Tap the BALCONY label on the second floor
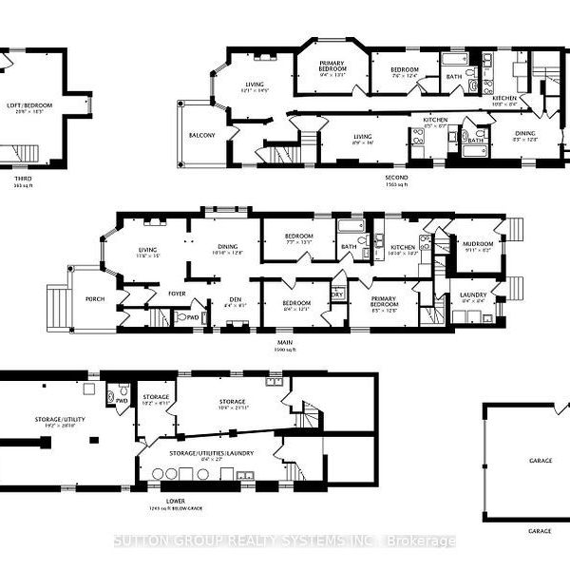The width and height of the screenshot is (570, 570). tap(200, 135)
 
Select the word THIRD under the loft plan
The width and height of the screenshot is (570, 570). tap(22, 178)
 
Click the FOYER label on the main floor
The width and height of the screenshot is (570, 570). tap(178, 293)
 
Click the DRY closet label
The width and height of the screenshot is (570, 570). tap(337, 294)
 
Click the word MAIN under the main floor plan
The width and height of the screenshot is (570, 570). tap(284, 342)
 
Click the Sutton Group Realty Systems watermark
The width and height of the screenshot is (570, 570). tap(285, 541)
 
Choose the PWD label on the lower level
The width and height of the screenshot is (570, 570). tap(122, 401)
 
